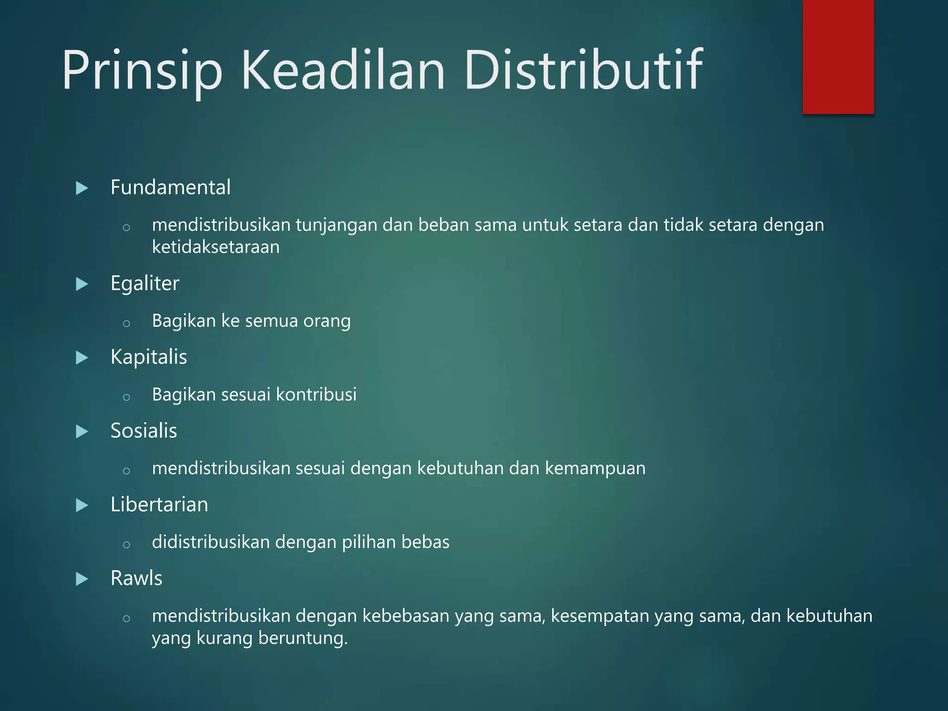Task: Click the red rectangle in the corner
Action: coord(838,56)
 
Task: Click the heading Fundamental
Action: coord(170,187)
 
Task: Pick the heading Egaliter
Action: coord(144,283)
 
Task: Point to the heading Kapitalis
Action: coord(149,357)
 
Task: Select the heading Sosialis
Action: coord(143,431)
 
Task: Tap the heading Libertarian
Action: coord(159,505)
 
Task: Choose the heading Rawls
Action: coord(136,578)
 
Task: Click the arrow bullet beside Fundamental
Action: coord(82,188)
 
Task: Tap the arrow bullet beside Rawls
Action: coord(82,579)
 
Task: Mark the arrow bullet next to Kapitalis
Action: coord(82,358)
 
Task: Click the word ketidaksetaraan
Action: coord(216,247)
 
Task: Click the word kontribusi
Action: coord(316,395)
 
